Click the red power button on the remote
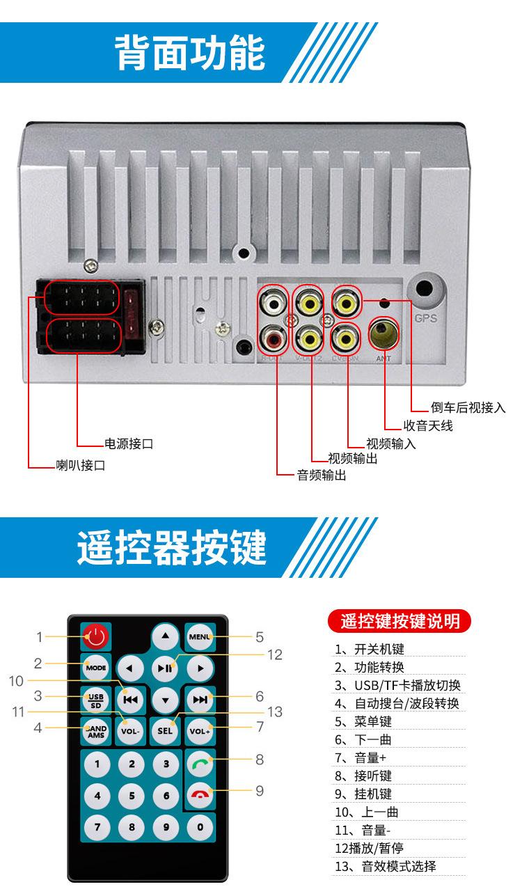96,636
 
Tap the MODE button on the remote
96,668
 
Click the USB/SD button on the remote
96,699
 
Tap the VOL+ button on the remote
200,731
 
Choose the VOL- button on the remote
130,731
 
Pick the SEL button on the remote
165,731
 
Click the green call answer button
200,763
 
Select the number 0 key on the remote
200,827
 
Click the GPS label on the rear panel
425,320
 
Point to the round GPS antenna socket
426,291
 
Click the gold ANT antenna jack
383,333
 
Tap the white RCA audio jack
272,303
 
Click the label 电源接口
129,443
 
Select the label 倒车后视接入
468,408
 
